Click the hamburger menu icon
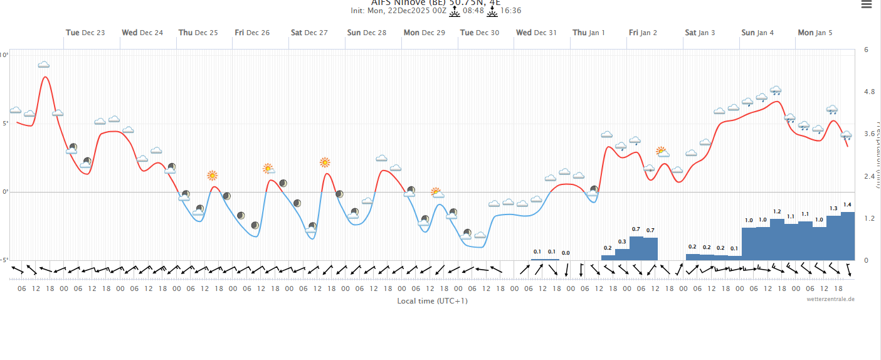pos(866,4)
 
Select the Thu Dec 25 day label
pos(198,33)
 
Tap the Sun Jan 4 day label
pos(757,33)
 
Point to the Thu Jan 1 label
pos(589,33)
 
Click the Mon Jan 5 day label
pos(815,33)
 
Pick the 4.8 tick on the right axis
pos(869,92)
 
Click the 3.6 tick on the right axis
pos(869,134)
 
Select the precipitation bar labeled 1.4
pos(847,236)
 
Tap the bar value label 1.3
pos(833,208)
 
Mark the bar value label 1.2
pos(777,211)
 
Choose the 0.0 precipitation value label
pos(566,253)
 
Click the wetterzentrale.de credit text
pos(830,300)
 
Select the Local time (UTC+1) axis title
pos(432,301)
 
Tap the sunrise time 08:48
pos(473,11)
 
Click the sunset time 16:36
pos(510,11)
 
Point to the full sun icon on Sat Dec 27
pos(325,162)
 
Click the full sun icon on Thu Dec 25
pos(213,176)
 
